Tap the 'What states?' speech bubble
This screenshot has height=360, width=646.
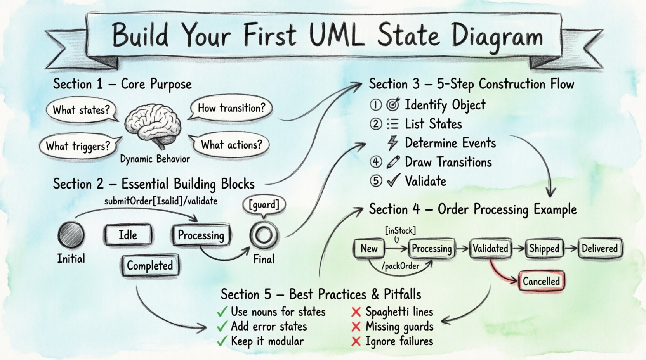pyautogui.click(x=81, y=110)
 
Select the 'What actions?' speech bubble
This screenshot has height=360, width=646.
pyautogui.click(x=231, y=145)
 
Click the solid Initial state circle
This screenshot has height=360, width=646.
pyautogui.click(x=71, y=235)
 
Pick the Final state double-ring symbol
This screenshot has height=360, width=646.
pyautogui.click(x=264, y=235)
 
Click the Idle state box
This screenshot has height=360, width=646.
pyautogui.click(x=128, y=235)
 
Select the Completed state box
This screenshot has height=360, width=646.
pyautogui.click(x=150, y=266)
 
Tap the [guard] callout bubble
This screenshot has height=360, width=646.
pyautogui.click(x=264, y=204)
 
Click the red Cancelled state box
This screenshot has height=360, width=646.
pyautogui.click(x=541, y=281)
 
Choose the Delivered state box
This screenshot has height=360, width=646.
pyautogui.click(x=599, y=249)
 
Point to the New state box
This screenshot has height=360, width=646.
pyautogui.click(x=369, y=249)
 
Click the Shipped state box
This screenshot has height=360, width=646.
pyautogui.click(x=544, y=249)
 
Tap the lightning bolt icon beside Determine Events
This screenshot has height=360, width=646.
pyautogui.click(x=392, y=143)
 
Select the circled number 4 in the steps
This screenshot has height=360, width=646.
pyautogui.click(x=376, y=162)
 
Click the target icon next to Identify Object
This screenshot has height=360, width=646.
pyautogui.click(x=393, y=105)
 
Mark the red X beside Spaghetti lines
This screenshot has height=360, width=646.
pyautogui.click(x=356, y=312)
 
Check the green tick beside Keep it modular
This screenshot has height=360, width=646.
pyautogui.click(x=222, y=341)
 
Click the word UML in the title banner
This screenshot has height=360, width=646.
pyautogui.click(x=337, y=36)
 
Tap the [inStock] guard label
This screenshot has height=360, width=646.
pyautogui.click(x=400, y=231)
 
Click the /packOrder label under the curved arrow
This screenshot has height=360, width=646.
pyautogui.click(x=400, y=266)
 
